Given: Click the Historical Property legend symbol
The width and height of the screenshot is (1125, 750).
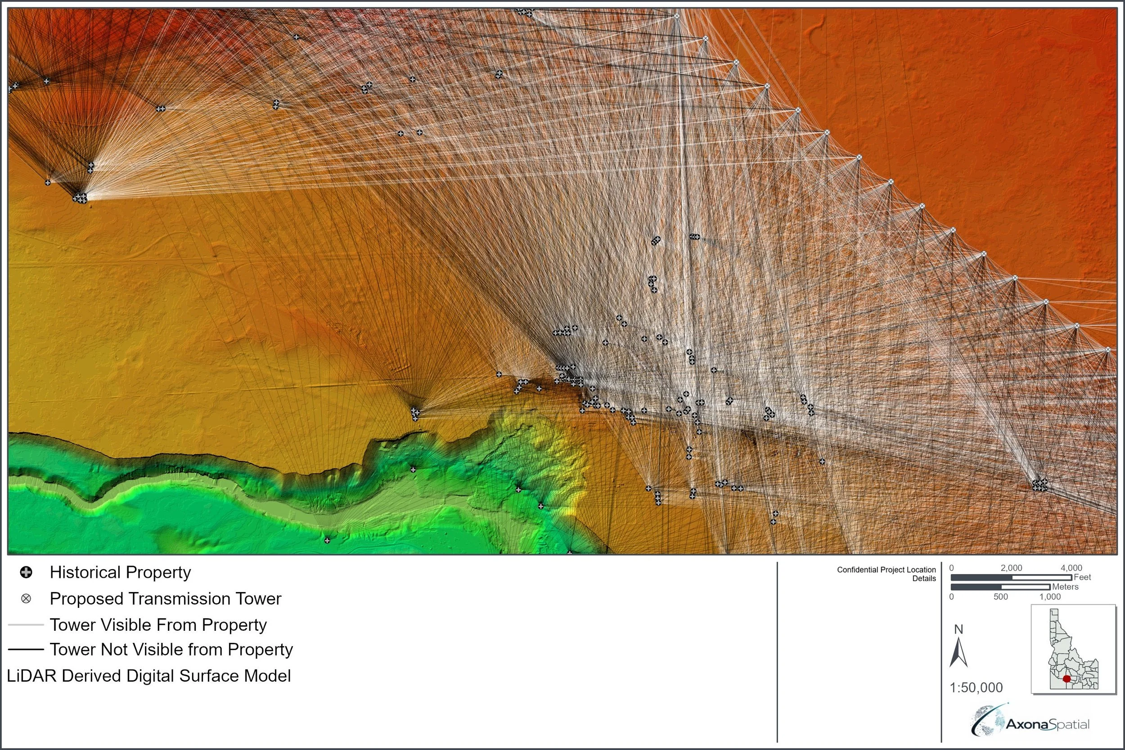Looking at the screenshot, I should coord(26,572).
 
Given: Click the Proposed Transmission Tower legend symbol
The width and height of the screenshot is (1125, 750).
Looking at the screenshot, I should coord(26,598).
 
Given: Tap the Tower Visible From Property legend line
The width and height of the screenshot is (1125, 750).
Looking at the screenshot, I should coord(26,624).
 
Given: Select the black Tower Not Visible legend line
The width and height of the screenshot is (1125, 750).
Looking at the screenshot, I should coord(26,650).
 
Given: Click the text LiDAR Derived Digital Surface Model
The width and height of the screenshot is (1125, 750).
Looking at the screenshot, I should coord(149,676).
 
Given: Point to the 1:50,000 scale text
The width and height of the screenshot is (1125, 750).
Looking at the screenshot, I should coord(976,688).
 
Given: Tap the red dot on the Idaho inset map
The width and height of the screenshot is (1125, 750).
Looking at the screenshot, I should coord(1066,679).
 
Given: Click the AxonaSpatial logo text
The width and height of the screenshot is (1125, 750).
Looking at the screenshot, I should coord(1048,725).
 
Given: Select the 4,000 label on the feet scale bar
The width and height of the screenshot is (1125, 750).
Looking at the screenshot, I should coord(1071,568).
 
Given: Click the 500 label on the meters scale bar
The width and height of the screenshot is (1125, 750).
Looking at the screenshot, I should coord(1001,597).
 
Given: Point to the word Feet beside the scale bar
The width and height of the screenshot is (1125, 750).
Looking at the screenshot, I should coord(1082,577).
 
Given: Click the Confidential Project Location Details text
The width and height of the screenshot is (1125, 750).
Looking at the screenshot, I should coord(886,574).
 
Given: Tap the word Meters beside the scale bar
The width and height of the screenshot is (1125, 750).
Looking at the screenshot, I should coord(1065,587).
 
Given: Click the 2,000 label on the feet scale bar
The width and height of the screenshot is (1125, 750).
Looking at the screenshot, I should coord(1011,568).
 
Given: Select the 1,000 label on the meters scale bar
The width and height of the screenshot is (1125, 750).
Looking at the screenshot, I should coord(1050,597).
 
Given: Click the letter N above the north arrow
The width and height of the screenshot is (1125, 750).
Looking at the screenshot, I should coord(958,629).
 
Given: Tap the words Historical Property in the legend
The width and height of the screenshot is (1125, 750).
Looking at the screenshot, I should coord(120,572).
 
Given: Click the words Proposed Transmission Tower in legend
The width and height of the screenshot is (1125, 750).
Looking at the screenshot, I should coord(166,598).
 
